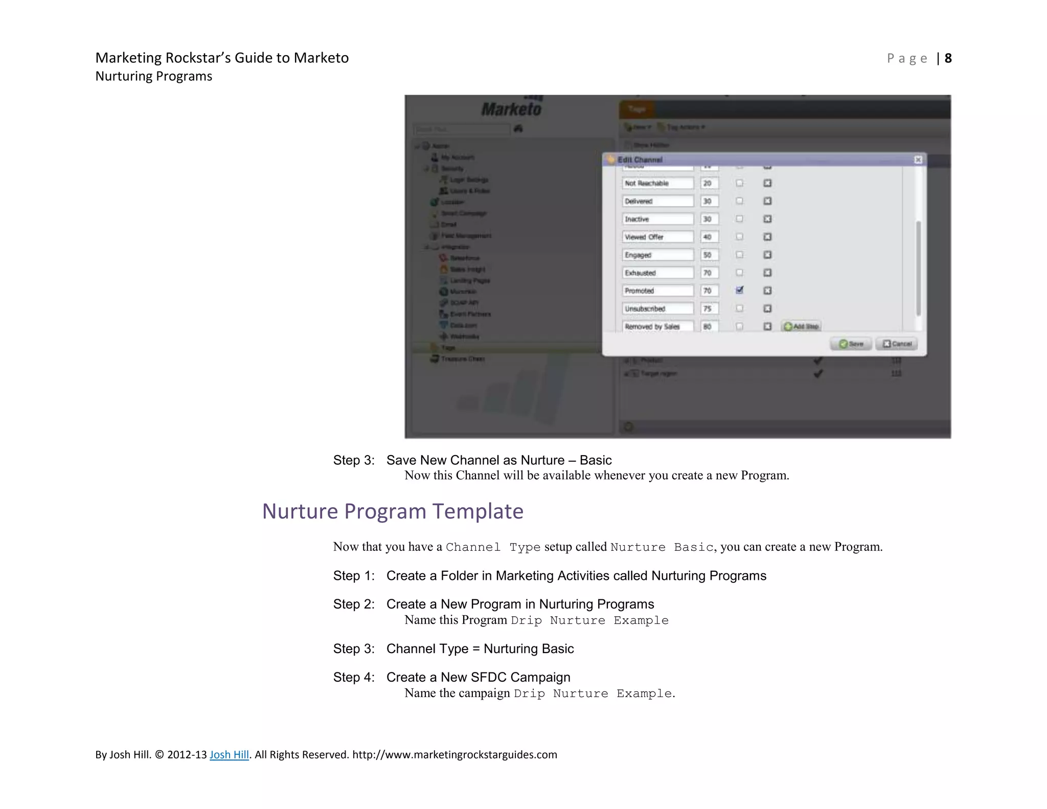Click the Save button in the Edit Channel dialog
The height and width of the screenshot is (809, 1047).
click(x=851, y=344)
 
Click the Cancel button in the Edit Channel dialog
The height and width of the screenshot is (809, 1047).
click(x=897, y=344)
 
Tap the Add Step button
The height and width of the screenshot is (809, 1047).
click(x=802, y=326)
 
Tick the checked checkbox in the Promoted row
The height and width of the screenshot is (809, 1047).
click(x=739, y=290)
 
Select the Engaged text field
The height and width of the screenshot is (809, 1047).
click(x=657, y=255)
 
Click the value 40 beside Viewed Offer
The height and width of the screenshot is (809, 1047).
click(x=709, y=237)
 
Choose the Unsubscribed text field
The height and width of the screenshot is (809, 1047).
click(x=657, y=308)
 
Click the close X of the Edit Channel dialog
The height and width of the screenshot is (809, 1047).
click(x=918, y=160)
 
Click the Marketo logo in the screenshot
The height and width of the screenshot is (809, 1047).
click(x=511, y=109)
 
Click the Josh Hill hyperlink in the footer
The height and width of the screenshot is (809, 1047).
click(x=229, y=755)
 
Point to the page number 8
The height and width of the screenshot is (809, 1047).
click(x=948, y=58)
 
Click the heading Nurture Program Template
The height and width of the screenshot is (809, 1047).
click(x=393, y=511)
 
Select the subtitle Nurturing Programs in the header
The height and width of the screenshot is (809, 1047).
click(x=153, y=76)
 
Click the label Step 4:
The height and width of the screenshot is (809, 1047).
click(x=354, y=678)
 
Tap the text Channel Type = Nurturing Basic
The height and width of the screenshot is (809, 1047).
click(x=480, y=649)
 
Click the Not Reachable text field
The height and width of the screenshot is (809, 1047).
click(x=657, y=183)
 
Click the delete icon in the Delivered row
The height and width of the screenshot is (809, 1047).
click(x=767, y=201)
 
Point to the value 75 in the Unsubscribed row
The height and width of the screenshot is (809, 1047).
click(x=709, y=308)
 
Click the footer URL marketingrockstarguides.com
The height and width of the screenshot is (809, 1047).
click(x=454, y=755)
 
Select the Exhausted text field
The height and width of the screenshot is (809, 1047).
click(x=657, y=273)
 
